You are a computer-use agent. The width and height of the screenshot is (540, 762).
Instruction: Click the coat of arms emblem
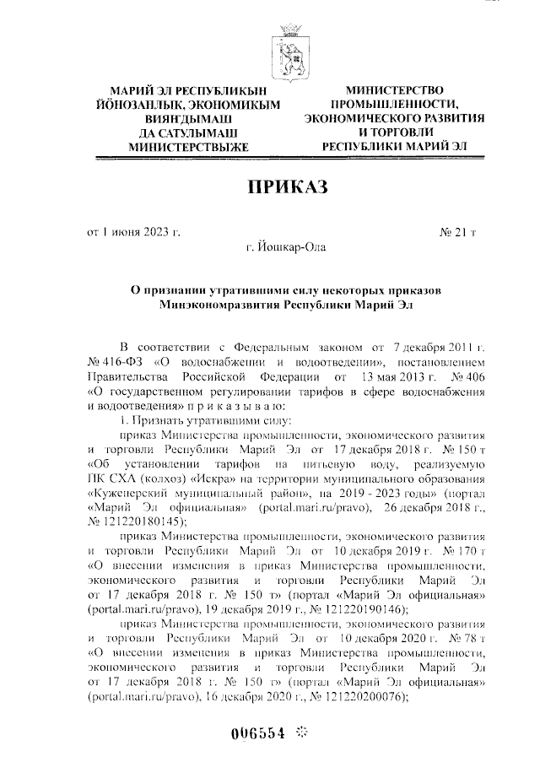(285, 53)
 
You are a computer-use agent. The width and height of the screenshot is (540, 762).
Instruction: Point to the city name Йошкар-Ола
(284, 247)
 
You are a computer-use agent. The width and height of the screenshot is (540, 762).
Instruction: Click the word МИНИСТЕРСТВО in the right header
(396, 90)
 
